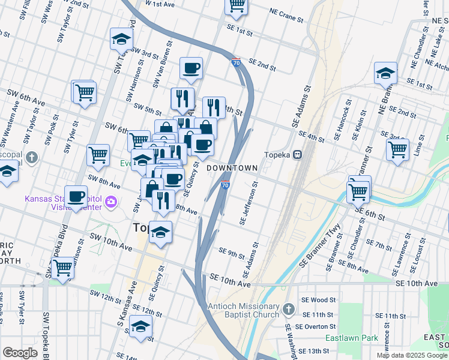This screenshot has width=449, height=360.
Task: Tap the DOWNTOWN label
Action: click(x=232, y=169)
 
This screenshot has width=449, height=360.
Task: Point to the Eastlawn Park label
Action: click(x=352, y=338)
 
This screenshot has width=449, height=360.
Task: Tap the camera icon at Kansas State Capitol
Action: click(x=110, y=202)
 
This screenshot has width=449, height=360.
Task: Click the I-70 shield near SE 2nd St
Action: click(x=236, y=61)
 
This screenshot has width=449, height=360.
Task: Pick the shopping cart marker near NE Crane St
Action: click(x=237, y=5)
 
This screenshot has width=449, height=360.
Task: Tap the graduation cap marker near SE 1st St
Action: click(x=385, y=74)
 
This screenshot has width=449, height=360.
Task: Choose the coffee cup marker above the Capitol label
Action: click(x=76, y=197)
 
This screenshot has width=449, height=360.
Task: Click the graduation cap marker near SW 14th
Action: click(x=140, y=326)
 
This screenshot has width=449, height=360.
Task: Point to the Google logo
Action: click(x=20, y=353)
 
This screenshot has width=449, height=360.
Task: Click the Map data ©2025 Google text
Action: click(x=411, y=355)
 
